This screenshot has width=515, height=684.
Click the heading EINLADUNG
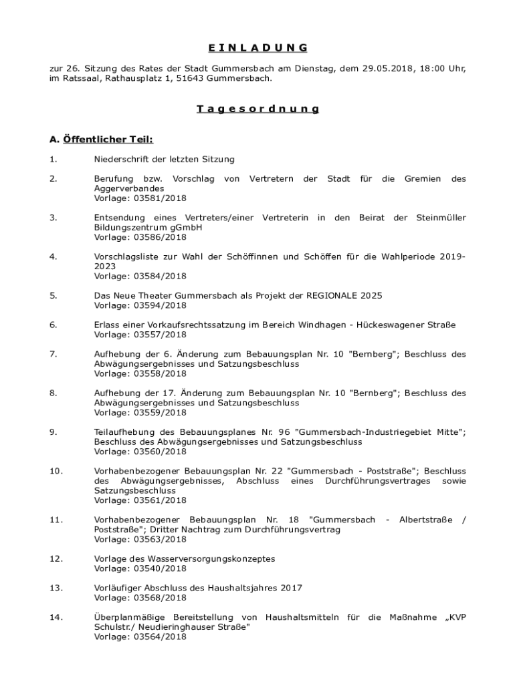coord(257,47)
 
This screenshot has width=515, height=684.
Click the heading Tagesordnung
coord(257,109)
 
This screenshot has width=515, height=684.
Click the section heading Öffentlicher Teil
coord(101,140)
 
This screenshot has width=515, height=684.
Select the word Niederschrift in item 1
coord(120,160)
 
